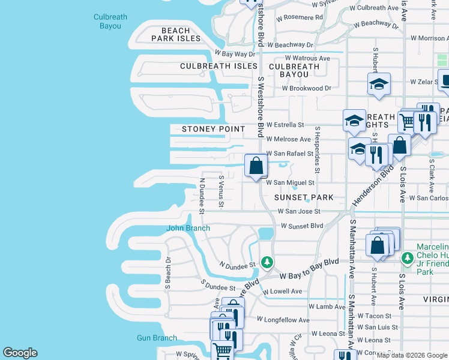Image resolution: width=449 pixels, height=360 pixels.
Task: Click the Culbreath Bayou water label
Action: coord(110,22)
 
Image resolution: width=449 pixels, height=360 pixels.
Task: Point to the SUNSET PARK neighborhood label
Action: coord(303,197)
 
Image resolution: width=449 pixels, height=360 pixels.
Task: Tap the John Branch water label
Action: coord(188,228)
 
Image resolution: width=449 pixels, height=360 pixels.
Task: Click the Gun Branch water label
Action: coord(156,338)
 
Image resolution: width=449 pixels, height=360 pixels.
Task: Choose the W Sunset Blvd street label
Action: coord(300,226)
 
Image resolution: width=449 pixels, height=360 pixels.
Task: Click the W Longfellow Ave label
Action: coord(283,320)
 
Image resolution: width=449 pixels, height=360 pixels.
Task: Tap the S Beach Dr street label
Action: coord(169,272)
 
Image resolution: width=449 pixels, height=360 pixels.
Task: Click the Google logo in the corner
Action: coord(20,353)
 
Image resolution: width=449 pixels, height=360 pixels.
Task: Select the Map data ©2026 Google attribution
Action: coord(412,355)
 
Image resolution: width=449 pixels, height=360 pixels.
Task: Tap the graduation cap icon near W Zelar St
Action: coord(379,84)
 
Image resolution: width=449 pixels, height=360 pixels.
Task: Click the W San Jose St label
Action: coord(298,212)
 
